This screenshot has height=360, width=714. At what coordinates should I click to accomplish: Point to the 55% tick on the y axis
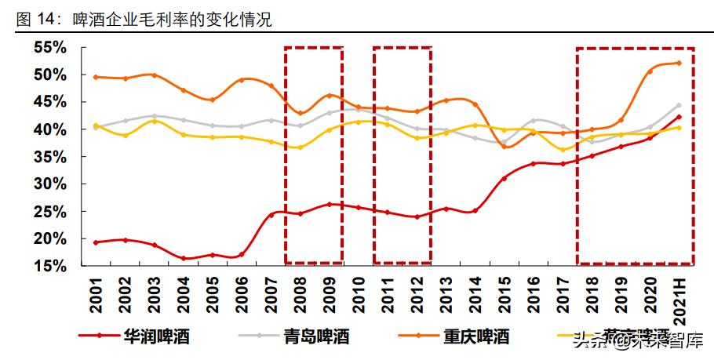coord(49,48)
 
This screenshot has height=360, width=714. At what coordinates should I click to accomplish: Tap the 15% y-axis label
coord(49,266)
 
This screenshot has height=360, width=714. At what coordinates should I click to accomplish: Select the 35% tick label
coord(49,157)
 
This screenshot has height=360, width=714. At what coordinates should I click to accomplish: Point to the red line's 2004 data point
coord(183,258)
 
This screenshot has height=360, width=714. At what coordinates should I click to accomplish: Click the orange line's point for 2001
coord(96,77)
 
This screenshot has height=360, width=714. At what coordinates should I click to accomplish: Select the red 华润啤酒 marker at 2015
coord(505,178)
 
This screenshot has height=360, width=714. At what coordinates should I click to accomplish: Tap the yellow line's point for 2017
coord(563,150)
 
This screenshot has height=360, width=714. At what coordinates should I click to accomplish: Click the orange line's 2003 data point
coord(154,75)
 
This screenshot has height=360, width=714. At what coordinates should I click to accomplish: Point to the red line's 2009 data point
coord(330,205)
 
